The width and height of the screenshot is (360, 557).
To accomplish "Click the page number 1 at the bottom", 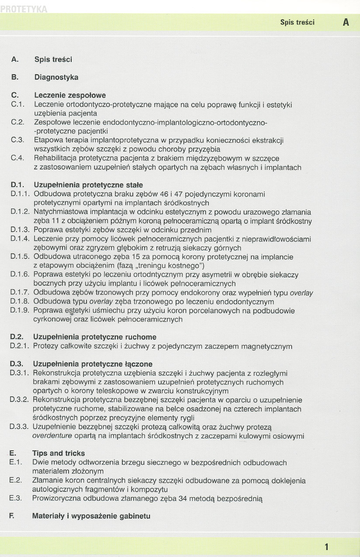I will [x=327, y=547].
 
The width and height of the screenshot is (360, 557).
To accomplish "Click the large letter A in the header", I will [x=346, y=22].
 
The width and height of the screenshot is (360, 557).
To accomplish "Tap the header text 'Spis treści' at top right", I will [x=297, y=22].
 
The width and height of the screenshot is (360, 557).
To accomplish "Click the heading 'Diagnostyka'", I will [x=56, y=77].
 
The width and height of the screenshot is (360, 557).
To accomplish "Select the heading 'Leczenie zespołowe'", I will [x=70, y=95].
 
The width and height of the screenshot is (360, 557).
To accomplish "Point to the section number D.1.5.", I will [x=20, y=257].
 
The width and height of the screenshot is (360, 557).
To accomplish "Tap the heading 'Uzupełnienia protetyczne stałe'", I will [x=88, y=185].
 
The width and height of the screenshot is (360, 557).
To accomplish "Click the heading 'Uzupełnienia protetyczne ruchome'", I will [x=94, y=337].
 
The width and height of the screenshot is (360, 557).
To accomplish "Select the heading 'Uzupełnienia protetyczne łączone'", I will [x=93, y=364].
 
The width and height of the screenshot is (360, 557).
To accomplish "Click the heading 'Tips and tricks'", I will [x=59, y=453].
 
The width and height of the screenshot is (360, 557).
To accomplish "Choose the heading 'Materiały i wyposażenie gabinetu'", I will [x=91, y=516].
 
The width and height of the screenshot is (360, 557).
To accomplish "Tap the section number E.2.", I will [x=16, y=480].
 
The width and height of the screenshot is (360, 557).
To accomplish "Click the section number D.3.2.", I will [x=19, y=400].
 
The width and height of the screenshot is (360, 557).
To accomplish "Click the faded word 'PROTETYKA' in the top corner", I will [x=24, y=8].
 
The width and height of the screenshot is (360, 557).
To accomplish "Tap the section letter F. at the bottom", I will [x=13, y=516].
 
